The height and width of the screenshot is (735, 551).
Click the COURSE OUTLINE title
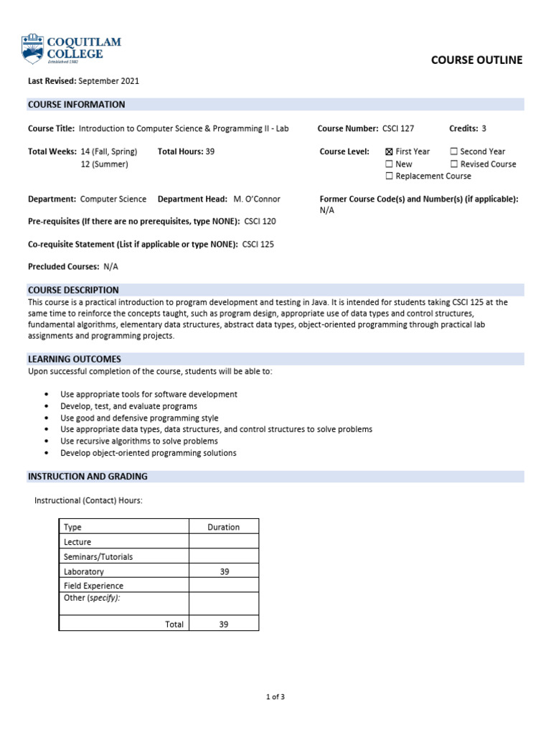tap(476, 60)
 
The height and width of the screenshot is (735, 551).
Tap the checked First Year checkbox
tap(389, 152)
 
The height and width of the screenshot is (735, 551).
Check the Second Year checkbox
tap(453, 152)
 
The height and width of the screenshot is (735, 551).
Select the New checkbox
tap(389, 164)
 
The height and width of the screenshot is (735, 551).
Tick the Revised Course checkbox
tap(453, 164)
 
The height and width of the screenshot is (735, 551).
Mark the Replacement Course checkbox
tap(389, 177)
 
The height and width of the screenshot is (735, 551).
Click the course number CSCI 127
tap(398, 128)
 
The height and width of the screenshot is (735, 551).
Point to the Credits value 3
tap(484, 128)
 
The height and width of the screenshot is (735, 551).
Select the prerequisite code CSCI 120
tap(260, 222)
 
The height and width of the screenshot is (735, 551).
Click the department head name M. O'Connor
tap(257, 199)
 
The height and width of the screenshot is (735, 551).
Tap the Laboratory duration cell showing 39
tap(223, 571)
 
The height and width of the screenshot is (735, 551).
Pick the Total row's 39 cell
tap(223, 624)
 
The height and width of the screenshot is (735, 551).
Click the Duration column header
tap(223, 527)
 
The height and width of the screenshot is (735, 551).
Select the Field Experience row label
tap(93, 586)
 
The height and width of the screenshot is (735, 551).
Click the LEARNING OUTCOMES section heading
tap(75, 359)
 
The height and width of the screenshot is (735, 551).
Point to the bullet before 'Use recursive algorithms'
tap(47, 441)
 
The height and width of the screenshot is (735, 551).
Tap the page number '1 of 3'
tap(275, 696)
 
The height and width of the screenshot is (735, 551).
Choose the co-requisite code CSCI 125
tap(258, 244)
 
